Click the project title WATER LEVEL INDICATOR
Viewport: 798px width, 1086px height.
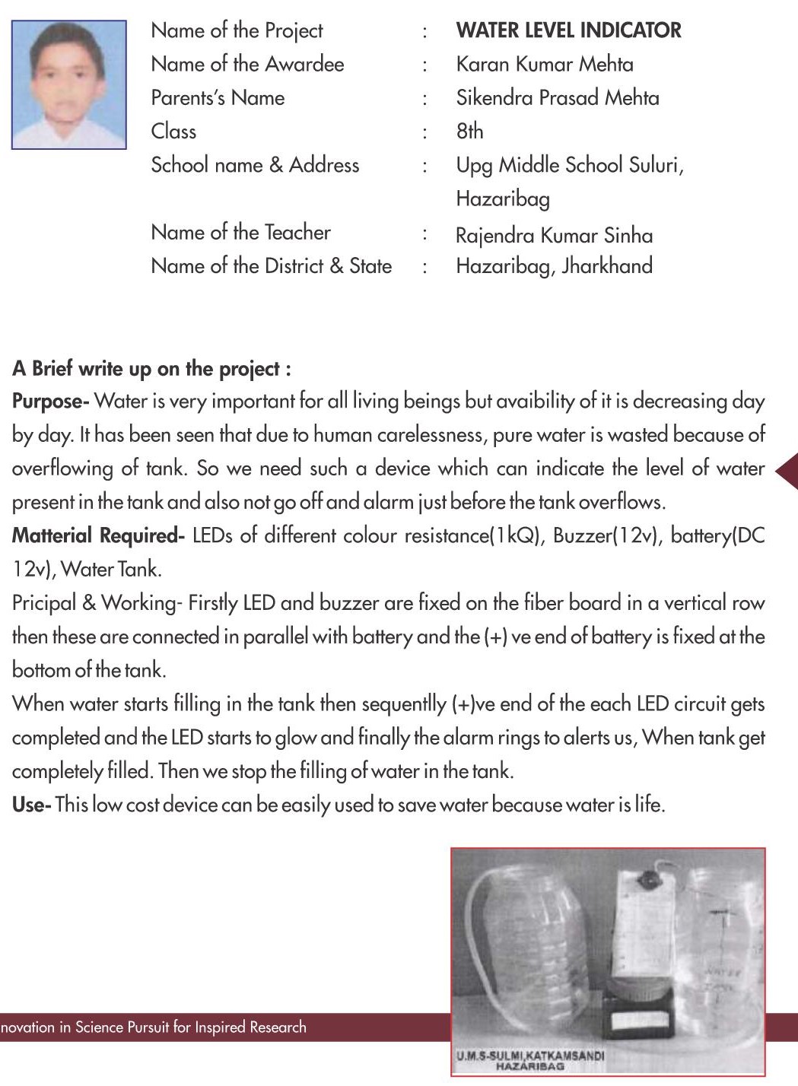point(568,30)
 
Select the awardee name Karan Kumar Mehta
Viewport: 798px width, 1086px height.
point(545,64)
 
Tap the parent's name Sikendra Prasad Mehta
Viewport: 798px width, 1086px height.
point(558,97)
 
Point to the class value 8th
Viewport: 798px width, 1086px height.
point(469,131)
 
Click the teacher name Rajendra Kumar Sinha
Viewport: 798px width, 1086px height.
point(554,235)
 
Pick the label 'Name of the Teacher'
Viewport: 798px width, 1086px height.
point(240,232)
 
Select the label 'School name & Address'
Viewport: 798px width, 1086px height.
point(255,165)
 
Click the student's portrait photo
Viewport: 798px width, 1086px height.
point(69,84)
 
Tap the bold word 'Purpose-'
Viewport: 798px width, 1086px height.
point(50,401)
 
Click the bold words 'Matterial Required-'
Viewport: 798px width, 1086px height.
point(98,535)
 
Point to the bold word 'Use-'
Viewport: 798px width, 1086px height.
point(31,805)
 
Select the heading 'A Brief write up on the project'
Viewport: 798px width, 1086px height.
point(151,369)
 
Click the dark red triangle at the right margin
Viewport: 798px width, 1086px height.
point(787,471)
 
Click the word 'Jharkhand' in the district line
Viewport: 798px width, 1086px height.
point(607,265)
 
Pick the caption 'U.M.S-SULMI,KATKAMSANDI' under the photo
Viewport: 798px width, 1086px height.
point(530,1056)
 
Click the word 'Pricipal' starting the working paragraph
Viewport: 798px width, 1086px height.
point(44,603)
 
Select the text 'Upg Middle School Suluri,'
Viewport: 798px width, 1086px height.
point(570,165)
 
